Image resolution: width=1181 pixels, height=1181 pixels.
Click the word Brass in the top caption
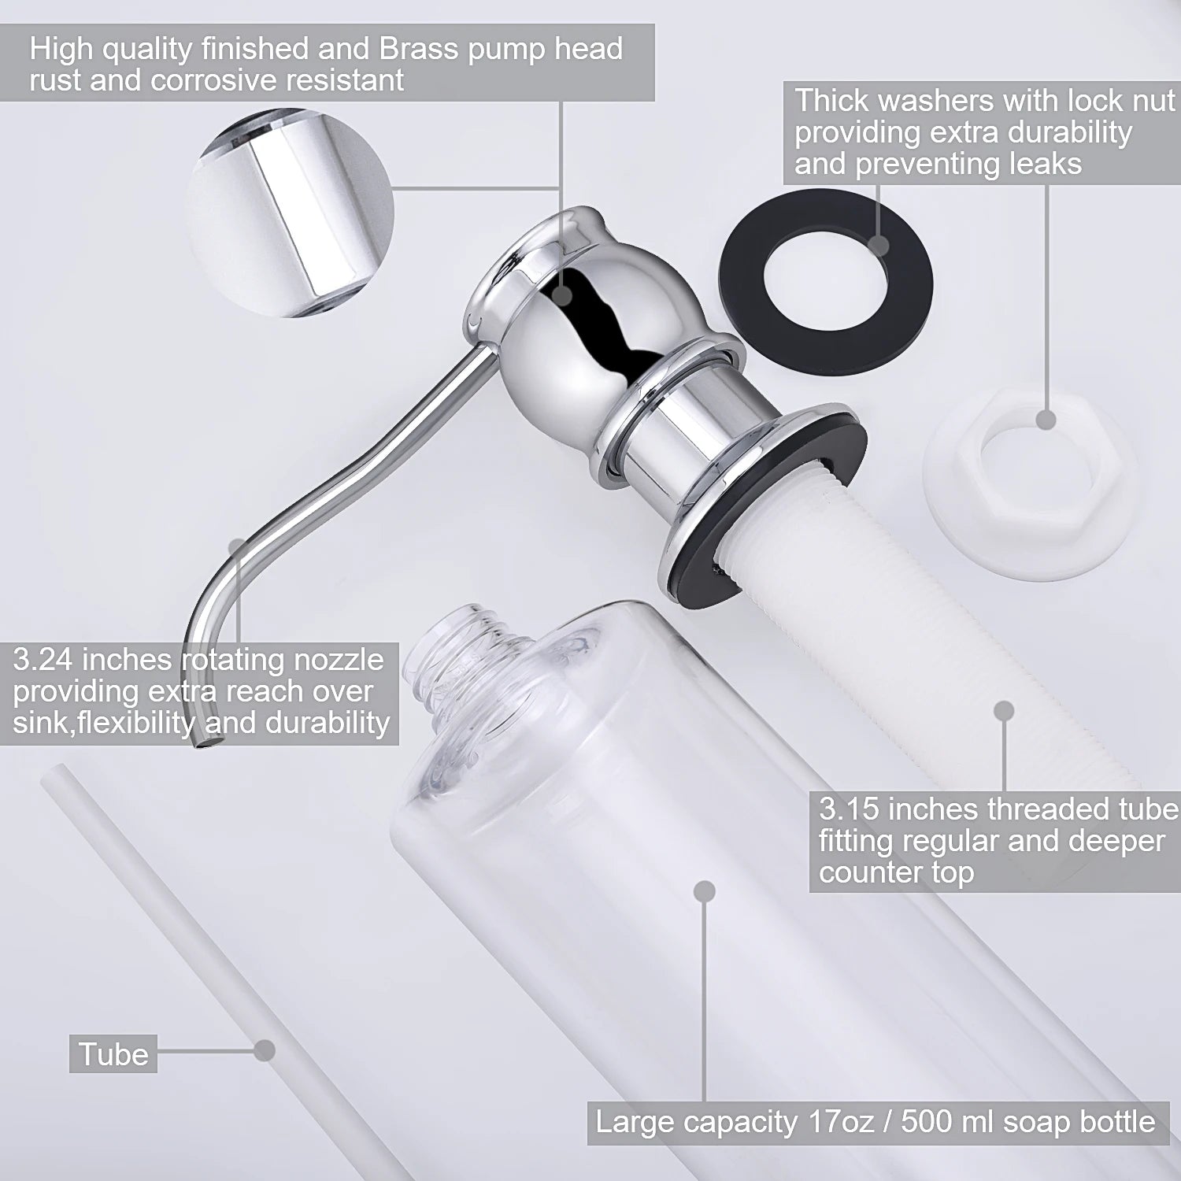[418, 49]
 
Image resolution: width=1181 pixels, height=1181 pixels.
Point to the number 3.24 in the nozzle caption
[46, 659]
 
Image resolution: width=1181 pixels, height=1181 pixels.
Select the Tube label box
[113, 1053]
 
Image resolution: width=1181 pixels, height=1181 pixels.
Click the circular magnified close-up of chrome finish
[290, 213]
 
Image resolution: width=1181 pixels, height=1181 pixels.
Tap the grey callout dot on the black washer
[879, 245]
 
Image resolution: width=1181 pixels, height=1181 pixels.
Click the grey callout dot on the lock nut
[1046, 420]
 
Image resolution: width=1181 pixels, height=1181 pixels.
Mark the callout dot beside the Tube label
[265, 1050]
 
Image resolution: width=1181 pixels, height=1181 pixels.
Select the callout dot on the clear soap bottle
[705, 891]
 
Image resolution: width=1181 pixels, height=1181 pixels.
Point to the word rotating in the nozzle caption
[231, 659]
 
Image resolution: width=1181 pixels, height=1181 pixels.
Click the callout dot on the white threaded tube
[1004, 712]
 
